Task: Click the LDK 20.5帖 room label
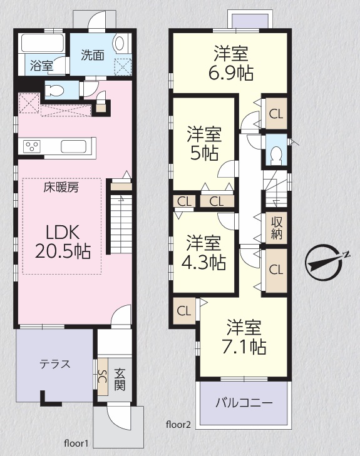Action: (63, 241)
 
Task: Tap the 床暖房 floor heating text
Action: (61, 188)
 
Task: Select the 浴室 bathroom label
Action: (41, 66)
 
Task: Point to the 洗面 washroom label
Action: (93, 55)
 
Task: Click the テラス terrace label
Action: (55, 364)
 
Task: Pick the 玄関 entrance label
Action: (120, 379)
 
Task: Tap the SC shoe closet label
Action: (102, 377)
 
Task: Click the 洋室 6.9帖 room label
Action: (231, 63)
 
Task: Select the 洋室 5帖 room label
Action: (204, 143)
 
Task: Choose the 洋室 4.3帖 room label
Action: (203, 252)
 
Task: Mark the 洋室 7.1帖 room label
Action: (244, 337)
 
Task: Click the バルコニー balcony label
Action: (244, 403)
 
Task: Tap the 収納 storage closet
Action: (277, 228)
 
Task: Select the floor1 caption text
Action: (76, 443)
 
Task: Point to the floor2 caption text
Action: (178, 425)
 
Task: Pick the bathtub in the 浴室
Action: (43, 43)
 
